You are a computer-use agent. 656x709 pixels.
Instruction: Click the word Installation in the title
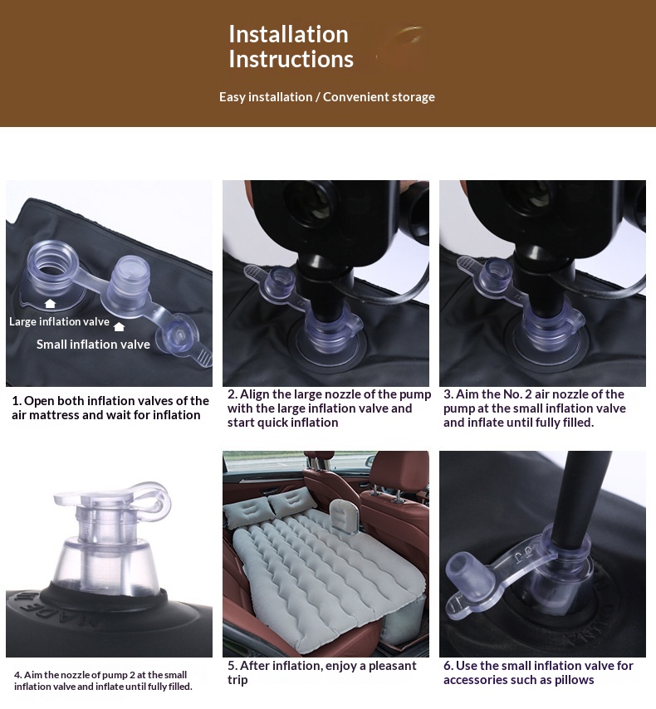tap(289, 34)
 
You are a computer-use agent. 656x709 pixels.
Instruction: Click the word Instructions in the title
tap(291, 59)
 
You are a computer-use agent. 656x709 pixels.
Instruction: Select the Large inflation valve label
tap(59, 321)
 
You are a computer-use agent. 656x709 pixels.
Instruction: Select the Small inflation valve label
tap(93, 345)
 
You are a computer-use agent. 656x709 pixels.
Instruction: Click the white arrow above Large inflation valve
tap(50, 303)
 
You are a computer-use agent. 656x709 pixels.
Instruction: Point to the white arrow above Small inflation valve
tap(119, 326)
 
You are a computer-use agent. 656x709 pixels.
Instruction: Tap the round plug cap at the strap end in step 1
tap(179, 337)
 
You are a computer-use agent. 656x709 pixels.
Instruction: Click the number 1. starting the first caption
tap(17, 401)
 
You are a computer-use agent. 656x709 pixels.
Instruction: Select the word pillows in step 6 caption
tap(575, 680)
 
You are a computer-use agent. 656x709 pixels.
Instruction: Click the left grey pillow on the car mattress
tap(248, 513)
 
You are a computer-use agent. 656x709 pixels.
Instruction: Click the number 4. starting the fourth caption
tap(17, 675)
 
